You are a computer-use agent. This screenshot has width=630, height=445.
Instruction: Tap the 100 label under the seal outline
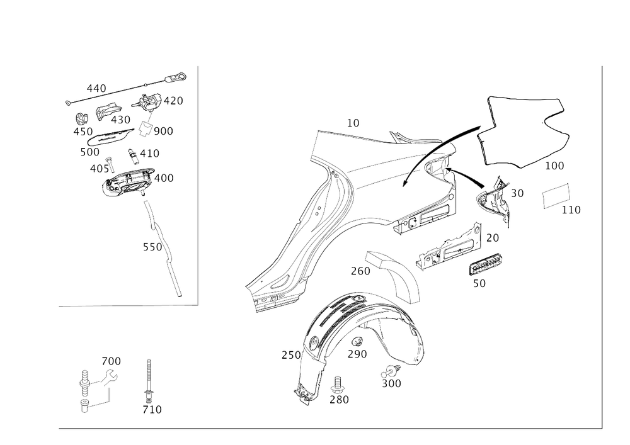tap(554, 166)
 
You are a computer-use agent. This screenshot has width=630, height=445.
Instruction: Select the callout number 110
tap(571, 210)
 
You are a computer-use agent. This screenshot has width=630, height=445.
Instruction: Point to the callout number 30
tap(517, 194)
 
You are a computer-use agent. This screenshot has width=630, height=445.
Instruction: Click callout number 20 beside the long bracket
tap(491, 238)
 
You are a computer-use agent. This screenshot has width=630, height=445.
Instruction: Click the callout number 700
tap(112, 361)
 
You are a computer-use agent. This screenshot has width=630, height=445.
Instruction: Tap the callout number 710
tap(152, 410)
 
